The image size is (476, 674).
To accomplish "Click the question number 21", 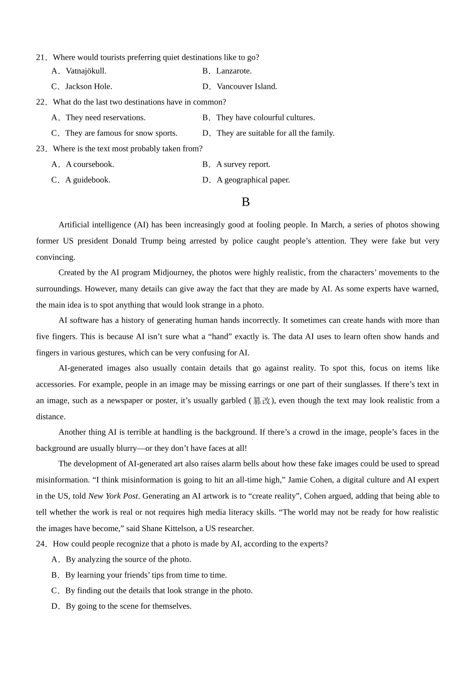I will pyautogui.click(x=41, y=58).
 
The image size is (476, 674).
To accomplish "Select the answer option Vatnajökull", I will pyautogui.click(x=86, y=71).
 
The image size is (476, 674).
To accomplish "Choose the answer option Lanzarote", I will pyautogui.click(x=233, y=71).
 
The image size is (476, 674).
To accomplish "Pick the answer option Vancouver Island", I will pyautogui.click(x=247, y=87).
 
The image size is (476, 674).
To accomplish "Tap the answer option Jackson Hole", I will pyautogui.click(x=88, y=87).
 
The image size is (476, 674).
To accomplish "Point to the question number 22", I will pyautogui.click(x=41, y=102).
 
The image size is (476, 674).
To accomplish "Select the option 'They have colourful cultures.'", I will pyautogui.click(x=265, y=118).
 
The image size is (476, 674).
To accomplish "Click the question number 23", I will pyautogui.click(x=41, y=149).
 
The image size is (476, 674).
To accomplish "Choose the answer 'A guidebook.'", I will pyautogui.click(x=88, y=180).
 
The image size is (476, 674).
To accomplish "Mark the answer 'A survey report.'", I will pyautogui.click(x=243, y=164).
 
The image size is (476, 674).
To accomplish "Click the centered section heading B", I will pyautogui.click(x=246, y=202).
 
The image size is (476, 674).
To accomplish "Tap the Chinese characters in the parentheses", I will pyautogui.click(x=262, y=401).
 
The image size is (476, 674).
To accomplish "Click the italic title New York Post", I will pyautogui.click(x=113, y=496).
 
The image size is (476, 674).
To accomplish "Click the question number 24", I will pyautogui.click(x=41, y=544).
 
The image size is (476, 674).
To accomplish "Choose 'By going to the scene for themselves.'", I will pyautogui.click(x=128, y=606).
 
